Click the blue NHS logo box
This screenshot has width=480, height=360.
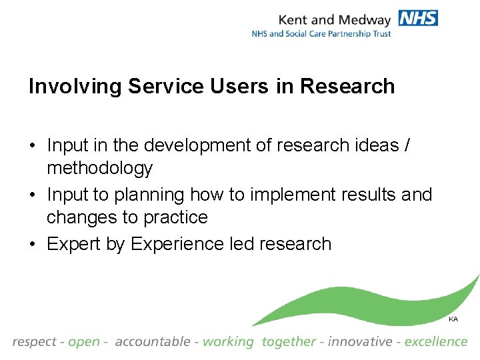[418, 17]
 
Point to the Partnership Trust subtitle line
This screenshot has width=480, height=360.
[321, 33]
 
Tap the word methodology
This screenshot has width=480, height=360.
[99, 167]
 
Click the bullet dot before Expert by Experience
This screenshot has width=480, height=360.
[33, 244]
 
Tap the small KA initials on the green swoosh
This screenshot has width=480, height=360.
[453, 319]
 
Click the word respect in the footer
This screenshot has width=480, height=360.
[34, 342]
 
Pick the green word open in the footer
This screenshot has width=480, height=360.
[83, 342]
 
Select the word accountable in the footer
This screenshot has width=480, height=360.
[152, 342]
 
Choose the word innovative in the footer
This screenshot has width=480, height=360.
[360, 342]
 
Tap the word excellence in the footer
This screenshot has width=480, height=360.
[436, 342]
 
